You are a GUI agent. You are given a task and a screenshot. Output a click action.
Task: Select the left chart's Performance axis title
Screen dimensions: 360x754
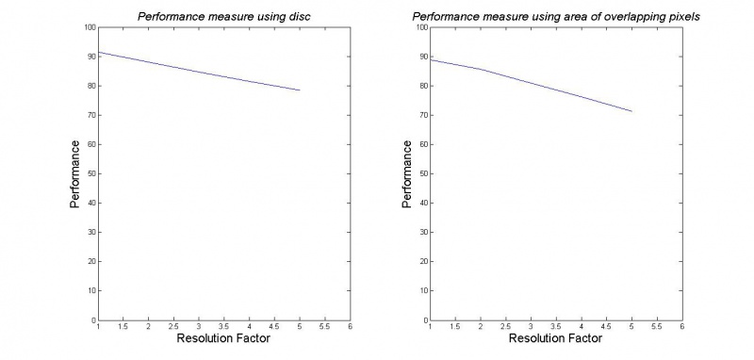[x=74, y=173]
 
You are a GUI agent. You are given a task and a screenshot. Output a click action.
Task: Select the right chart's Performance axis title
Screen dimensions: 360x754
[x=406, y=173]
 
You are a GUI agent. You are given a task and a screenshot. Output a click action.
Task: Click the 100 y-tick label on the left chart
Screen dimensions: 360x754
[x=89, y=27]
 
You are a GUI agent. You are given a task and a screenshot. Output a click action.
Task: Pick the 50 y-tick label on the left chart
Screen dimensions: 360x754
[x=90, y=173]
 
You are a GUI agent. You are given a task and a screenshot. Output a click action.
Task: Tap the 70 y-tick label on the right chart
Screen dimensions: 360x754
[x=423, y=115]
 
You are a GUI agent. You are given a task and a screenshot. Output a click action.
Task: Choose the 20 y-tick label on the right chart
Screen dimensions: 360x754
[x=423, y=261]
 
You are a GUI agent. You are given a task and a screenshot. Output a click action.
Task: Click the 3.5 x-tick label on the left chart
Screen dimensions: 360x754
[x=223, y=327]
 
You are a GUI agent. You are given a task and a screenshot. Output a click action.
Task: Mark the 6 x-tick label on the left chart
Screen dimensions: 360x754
[x=350, y=327]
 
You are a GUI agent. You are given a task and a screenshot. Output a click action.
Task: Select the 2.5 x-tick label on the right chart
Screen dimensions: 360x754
[x=505, y=327]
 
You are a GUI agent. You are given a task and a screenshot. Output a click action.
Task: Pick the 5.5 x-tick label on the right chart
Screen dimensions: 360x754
[x=657, y=327]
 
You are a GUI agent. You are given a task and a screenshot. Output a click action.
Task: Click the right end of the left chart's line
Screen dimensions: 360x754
[x=300, y=90]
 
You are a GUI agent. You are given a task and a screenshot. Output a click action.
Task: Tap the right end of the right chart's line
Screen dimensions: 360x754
[x=631, y=111]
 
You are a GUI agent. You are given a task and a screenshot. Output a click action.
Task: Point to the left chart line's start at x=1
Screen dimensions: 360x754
[x=98, y=52]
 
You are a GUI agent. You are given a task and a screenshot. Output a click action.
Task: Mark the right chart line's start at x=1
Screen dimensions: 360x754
[x=431, y=59]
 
